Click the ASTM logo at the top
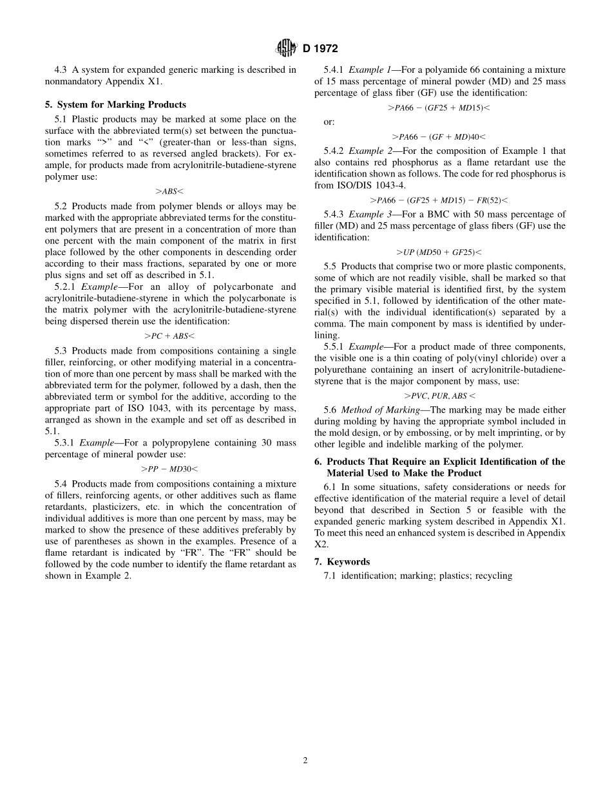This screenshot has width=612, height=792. (x=285, y=48)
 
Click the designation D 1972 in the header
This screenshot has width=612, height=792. (x=320, y=48)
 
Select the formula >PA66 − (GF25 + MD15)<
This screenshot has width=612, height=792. (x=439, y=108)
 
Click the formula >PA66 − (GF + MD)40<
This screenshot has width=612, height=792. (x=439, y=137)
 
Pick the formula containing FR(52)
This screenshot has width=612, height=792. (x=439, y=200)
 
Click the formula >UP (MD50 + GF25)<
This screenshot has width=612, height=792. (x=439, y=252)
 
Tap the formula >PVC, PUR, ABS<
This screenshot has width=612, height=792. (x=439, y=396)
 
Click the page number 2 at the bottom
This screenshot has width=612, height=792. (x=305, y=760)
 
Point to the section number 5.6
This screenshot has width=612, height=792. (x=330, y=410)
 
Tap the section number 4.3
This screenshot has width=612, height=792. (x=61, y=70)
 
